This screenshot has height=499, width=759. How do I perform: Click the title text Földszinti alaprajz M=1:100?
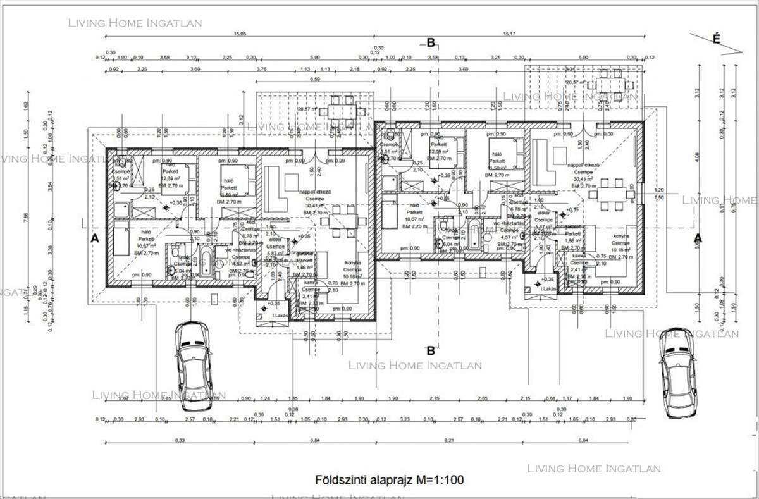click(389, 480)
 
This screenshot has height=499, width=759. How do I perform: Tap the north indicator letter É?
click(717, 39)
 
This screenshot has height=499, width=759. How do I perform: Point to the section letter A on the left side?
click(95, 238)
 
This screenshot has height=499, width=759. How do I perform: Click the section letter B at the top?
click(431, 43)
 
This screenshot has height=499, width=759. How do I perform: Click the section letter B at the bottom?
click(431, 350)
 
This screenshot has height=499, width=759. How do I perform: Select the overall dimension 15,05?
click(239, 34)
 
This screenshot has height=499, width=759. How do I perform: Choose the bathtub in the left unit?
click(206, 261)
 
